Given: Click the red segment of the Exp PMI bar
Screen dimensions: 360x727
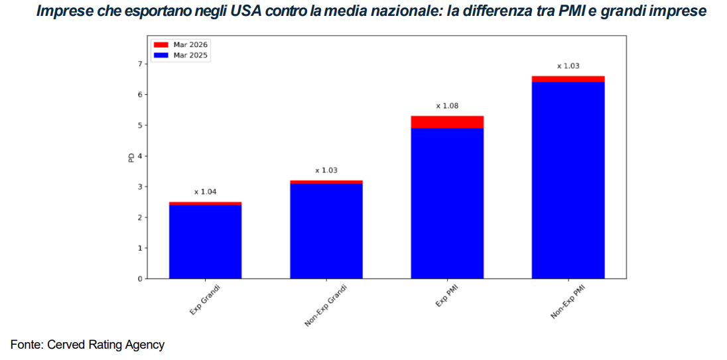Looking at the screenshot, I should (x=447, y=122).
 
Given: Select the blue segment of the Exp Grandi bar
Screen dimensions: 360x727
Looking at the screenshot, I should (x=205, y=241).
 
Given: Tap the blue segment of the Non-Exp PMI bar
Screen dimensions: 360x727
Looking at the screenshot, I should (x=568, y=179).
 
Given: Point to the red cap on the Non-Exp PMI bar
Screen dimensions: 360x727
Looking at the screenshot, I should (x=568, y=79).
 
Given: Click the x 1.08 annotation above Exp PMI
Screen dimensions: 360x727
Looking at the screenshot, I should (x=447, y=106).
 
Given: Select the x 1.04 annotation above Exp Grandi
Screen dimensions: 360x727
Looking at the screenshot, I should (x=205, y=192).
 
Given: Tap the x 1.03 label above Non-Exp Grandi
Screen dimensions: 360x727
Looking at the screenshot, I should (x=326, y=170).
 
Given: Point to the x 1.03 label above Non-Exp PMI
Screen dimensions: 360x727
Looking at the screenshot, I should (x=568, y=66).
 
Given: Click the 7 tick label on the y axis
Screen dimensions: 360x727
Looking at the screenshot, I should (x=139, y=64).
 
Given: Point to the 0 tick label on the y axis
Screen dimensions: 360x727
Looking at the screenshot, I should (x=139, y=278).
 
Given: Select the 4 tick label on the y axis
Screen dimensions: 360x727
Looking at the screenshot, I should (x=139, y=156).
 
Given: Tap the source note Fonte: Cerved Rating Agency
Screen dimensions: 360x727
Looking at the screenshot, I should (x=88, y=345).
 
